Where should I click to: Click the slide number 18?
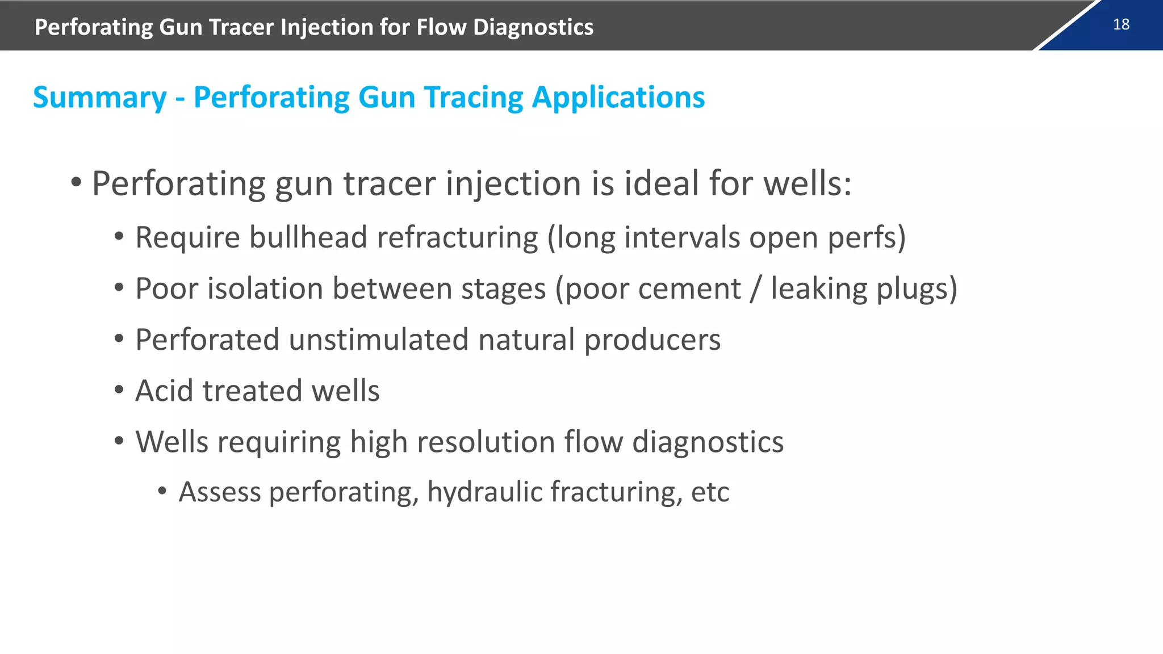[x=1121, y=24]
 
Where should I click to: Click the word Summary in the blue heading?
[x=100, y=98]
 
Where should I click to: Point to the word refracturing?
[x=457, y=237]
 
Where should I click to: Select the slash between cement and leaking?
[x=755, y=289]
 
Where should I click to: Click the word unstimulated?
[x=379, y=340]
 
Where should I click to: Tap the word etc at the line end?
[x=710, y=492]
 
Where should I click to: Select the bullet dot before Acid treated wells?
[x=119, y=391]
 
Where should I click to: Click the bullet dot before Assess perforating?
[x=162, y=491]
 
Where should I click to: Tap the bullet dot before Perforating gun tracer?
[x=76, y=183]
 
